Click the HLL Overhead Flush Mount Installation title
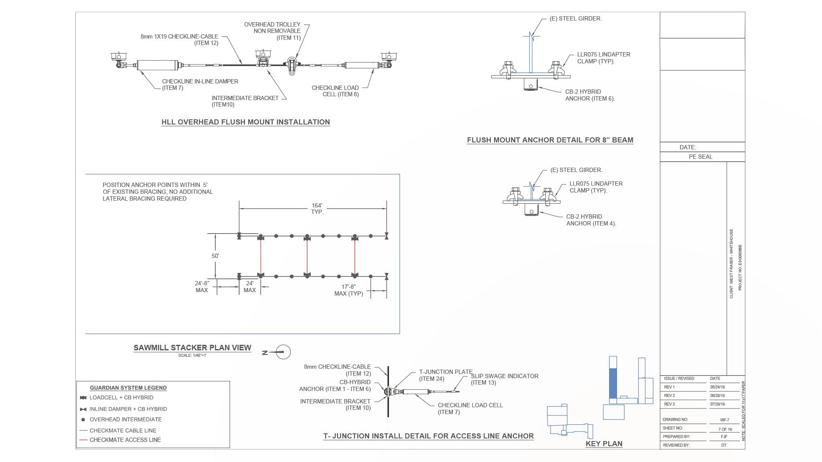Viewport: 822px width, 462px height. [245, 122]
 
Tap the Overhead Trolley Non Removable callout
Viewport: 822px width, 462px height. [272, 31]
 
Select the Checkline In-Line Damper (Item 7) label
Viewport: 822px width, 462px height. [200, 85]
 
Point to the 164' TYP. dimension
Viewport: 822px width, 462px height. [317, 209]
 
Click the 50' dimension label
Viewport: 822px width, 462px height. [215, 256]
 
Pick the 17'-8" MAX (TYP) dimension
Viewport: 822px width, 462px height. [348, 290]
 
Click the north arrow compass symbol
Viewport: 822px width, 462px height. [283, 352]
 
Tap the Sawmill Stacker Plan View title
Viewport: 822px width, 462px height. [192, 348]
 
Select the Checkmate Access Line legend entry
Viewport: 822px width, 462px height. [125, 440]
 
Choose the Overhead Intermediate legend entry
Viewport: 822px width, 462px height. [125, 420]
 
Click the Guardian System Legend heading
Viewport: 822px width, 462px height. [128, 388]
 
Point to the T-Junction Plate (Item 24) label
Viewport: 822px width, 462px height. [445, 375]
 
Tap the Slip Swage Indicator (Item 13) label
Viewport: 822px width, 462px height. [504, 379]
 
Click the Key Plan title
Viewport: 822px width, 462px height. [604, 444]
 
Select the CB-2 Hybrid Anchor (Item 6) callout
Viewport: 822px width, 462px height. [590, 95]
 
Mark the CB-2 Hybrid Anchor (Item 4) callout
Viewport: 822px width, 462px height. [591, 220]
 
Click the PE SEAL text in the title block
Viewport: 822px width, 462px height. [700, 157]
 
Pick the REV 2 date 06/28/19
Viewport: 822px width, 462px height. [718, 396]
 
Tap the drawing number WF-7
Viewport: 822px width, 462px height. [724, 420]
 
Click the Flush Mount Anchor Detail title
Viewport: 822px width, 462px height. [550, 140]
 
